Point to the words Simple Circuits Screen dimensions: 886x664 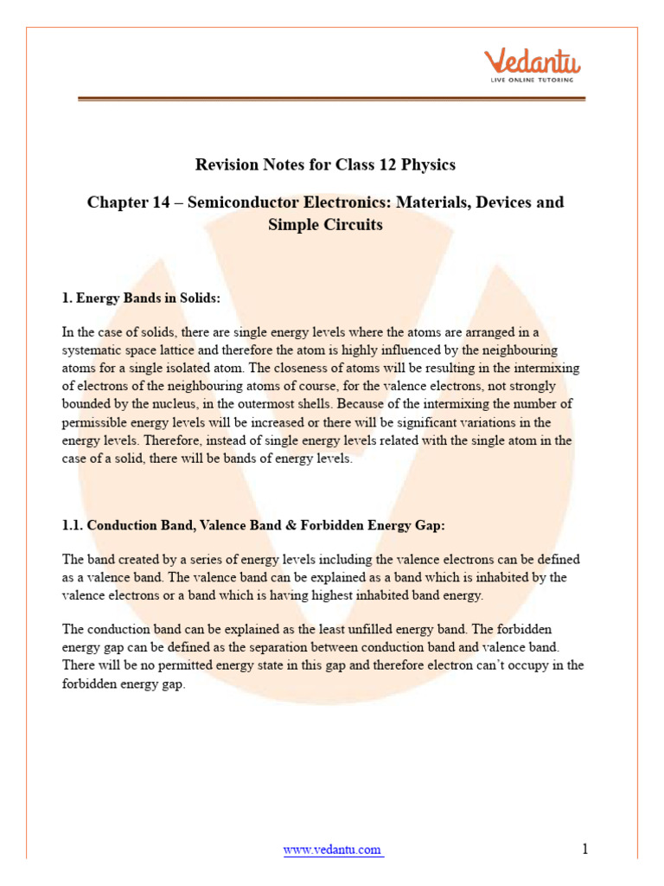[x=326, y=225]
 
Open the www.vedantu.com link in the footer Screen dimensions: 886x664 [x=333, y=850]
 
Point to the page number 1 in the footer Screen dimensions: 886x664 [x=585, y=849]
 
